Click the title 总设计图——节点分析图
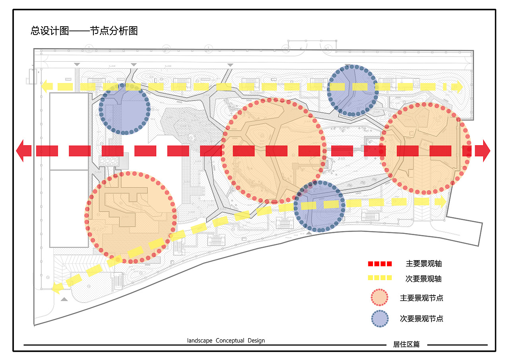coord(84,31)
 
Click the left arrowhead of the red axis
coord(23,151)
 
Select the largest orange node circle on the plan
coord(274,150)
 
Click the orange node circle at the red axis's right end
coord(425,149)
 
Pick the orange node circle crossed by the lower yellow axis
coord(130,218)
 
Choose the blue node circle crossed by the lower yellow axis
coord(319,207)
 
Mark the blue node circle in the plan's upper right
coord(353,91)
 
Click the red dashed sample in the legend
coord(380,264)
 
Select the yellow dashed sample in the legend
coord(380,278)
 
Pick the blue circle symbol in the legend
coord(379,319)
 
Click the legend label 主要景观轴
coord(424,264)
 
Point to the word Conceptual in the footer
coord(230,341)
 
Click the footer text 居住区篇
coord(406,344)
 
